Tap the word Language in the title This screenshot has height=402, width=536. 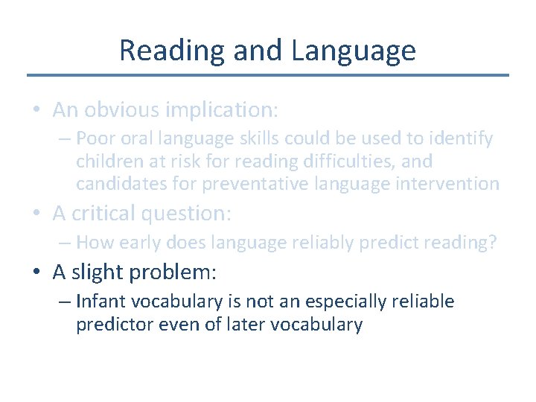click(x=354, y=51)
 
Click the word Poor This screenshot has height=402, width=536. click(x=94, y=138)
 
